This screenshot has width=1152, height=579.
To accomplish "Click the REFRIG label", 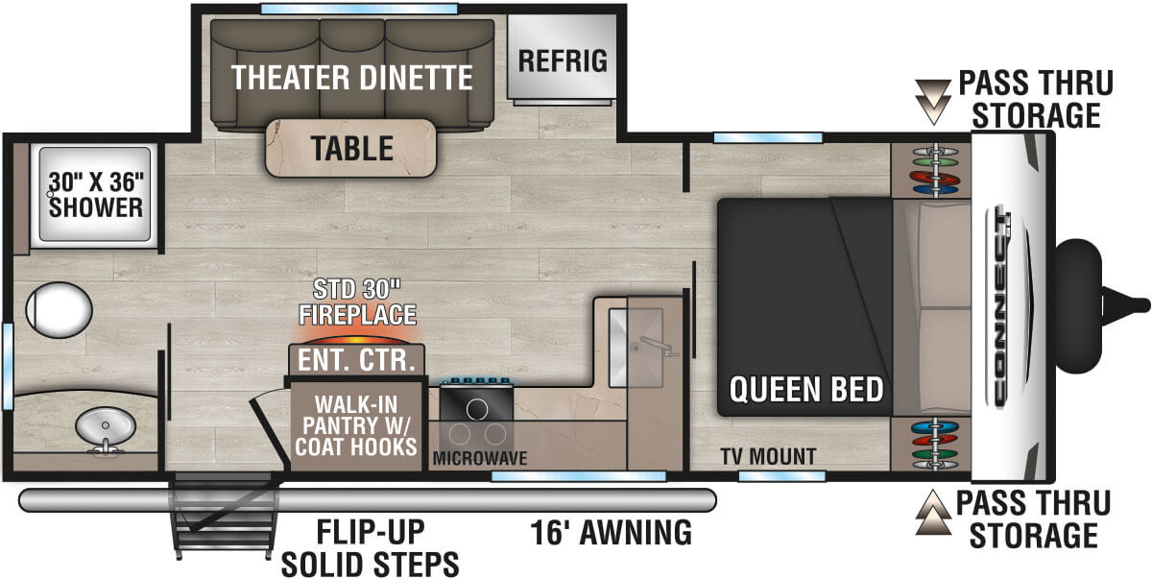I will point(563,60).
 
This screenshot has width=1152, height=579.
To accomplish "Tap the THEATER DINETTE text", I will point(351,78).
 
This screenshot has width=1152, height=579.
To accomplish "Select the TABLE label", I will point(351,148).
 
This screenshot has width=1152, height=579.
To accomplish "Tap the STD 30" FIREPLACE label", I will point(356,302).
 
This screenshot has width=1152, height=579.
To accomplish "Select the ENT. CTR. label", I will point(356,360).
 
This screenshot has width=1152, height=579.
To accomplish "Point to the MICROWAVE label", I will point(480,458).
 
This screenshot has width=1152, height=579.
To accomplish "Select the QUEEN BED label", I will point(805,390).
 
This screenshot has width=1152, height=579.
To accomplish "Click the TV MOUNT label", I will point(768,456).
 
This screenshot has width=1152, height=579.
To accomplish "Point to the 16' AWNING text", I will point(611,531).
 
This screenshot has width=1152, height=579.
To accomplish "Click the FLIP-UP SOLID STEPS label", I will point(370,546).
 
